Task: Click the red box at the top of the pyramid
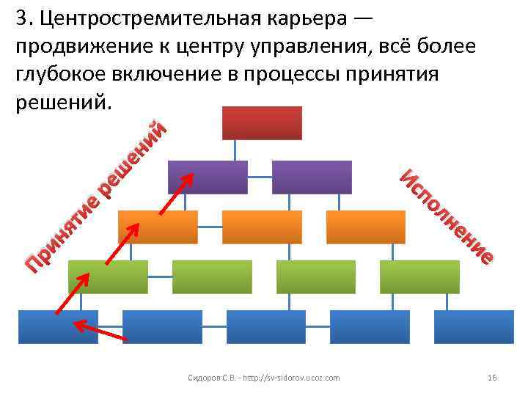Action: coord(262,122)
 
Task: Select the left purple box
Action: coord(208,177)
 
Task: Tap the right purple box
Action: coord(312,177)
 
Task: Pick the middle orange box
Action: coord(262,227)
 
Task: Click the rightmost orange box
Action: coord(366,227)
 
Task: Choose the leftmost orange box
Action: coord(158,227)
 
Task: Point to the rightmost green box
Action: coord(419,276)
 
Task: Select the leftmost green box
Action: coord(108,276)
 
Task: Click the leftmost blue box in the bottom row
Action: coord(57,326)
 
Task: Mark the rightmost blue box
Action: coord(474,326)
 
